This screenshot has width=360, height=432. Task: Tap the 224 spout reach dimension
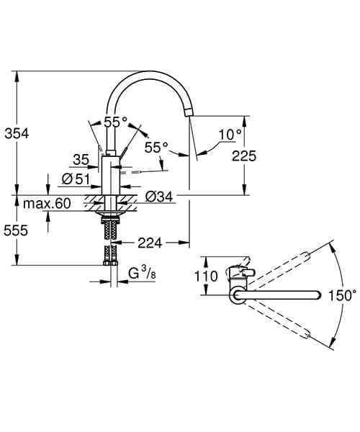click(148, 243)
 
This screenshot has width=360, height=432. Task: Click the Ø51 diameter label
click(76, 179)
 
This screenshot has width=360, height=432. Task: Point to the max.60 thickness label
click(46, 204)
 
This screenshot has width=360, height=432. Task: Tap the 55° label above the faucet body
click(115, 122)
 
